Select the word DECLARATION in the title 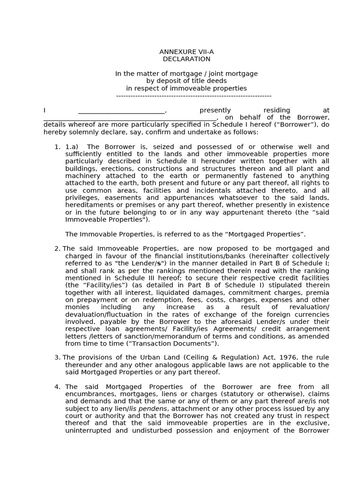pos(187,59)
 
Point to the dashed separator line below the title pos(194,96)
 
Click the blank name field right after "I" pos(121,111)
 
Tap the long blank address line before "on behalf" pos(130,118)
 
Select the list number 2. pos(57,248)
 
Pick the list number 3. pos(57,358)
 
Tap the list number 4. pos(57,387)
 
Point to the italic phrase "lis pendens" pos(148,409)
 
